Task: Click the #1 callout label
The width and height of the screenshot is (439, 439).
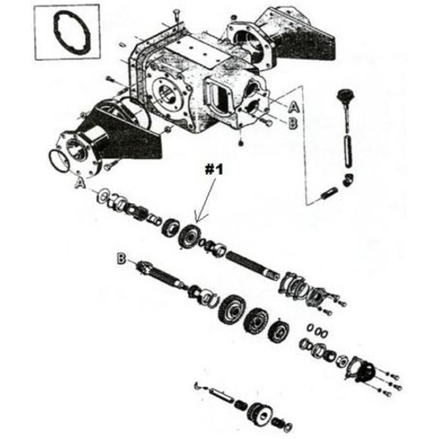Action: (213, 170)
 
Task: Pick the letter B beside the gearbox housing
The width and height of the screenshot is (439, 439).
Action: (293, 123)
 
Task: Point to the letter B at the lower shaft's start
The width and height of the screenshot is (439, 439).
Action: (121, 259)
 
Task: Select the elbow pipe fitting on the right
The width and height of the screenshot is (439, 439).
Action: (349, 180)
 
